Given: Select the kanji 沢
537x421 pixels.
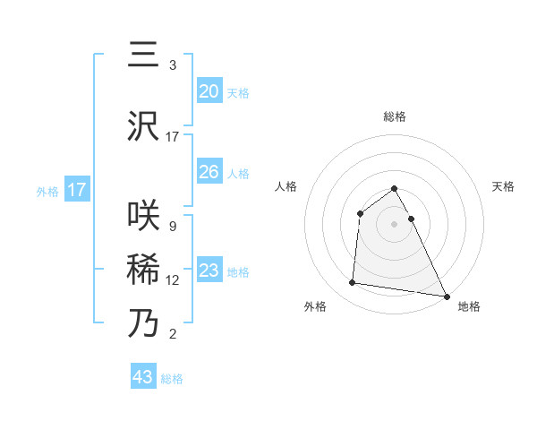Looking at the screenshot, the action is [x=144, y=126].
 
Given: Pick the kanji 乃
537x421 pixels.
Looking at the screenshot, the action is [x=144, y=322].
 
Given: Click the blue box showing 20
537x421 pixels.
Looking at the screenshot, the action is [x=209, y=90].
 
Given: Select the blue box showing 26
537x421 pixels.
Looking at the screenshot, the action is [x=209, y=171].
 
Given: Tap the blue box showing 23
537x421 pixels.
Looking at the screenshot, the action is [x=209, y=270].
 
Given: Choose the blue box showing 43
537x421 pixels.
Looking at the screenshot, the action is [x=143, y=377].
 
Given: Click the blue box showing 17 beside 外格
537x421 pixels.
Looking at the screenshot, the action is [x=77, y=190].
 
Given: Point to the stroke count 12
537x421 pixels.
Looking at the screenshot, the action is [x=173, y=280].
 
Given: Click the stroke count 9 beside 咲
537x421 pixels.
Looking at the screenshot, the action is [x=172, y=227].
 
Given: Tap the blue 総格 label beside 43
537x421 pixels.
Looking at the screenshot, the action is [x=172, y=379].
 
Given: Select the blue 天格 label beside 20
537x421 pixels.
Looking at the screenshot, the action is [x=238, y=92].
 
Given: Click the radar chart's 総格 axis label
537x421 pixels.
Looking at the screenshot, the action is [x=394, y=117].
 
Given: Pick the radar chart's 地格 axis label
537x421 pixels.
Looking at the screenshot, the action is [x=469, y=306].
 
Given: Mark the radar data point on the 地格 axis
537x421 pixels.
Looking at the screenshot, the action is [x=447, y=296].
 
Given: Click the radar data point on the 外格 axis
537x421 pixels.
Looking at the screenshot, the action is [x=353, y=283].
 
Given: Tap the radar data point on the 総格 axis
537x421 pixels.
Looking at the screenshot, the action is [x=394, y=188].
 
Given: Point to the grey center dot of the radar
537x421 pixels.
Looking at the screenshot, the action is [x=394, y=224].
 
